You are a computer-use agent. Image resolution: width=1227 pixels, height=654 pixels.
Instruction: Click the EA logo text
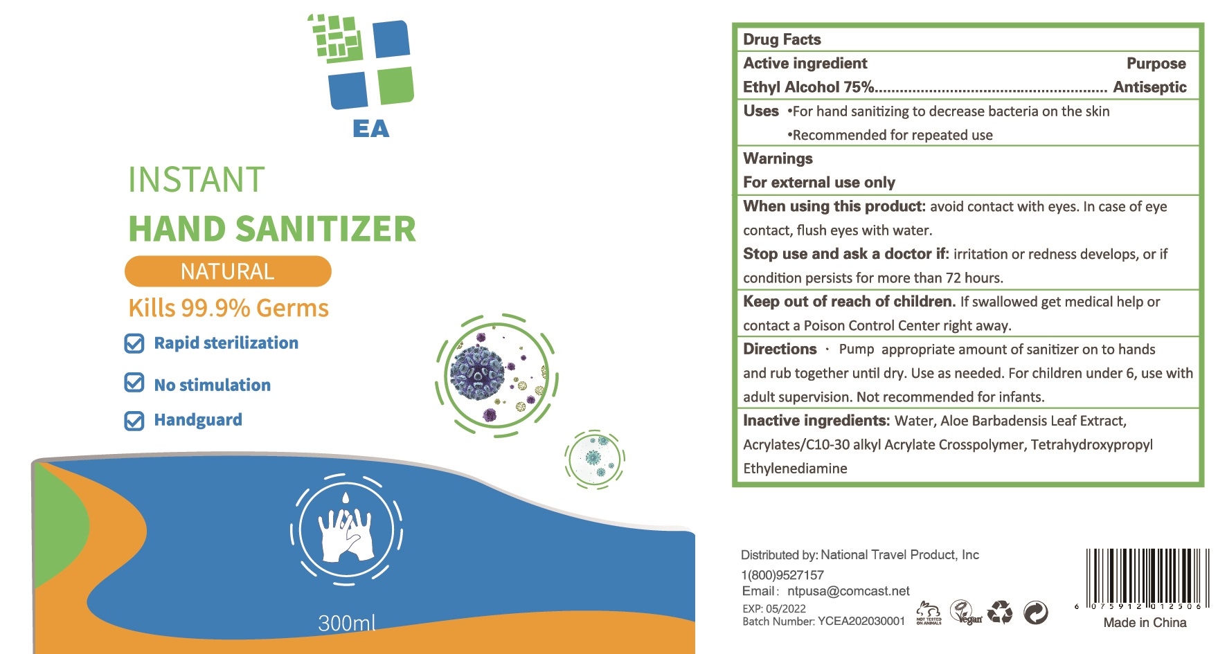click(x=371, y=129)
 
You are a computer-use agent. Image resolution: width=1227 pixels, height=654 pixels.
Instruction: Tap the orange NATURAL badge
click(x=228, y=271)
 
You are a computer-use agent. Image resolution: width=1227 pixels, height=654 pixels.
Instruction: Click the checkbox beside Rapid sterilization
click(x=134, y=343)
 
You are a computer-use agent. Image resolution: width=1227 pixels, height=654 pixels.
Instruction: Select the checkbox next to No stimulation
click(x=134, y=383)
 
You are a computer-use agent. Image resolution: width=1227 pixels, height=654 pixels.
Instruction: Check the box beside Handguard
click(x=134, y=421)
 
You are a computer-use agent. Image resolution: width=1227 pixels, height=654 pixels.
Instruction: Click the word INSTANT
click(x=197, y=180)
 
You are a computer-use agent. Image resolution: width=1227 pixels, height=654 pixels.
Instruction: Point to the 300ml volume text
click(x=347, y=623)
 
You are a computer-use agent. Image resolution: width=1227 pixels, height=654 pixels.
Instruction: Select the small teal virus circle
click(x=594, y=458)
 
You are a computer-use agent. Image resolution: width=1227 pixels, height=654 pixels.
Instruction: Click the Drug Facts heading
click(x=782, y=39)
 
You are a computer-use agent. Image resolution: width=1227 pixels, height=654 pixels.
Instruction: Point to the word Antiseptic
click(x=1149, y=87)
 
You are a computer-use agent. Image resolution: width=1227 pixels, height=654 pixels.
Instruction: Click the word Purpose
click(x=1156, y=64)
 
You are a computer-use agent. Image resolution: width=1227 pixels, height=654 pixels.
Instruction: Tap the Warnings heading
click(x=778, y=158)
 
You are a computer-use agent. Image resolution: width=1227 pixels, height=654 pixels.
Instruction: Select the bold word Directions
click(x=780, y=349)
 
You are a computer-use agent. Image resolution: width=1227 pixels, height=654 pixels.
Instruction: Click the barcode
click(x=1147, y=578)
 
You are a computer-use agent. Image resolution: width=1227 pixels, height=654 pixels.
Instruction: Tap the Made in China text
click(x=1145, y=623)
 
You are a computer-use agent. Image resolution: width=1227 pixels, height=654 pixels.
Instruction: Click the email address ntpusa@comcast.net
click(x=848, y=591)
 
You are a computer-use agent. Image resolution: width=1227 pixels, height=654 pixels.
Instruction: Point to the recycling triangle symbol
click(x=999, y=612)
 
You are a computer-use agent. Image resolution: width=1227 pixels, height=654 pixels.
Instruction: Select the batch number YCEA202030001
click(x=861, y=621)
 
